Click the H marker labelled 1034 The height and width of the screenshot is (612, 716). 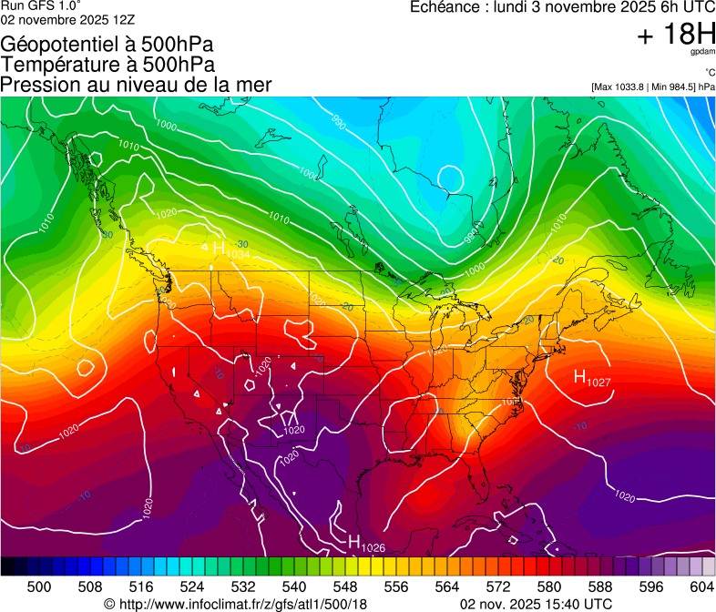(219, 248)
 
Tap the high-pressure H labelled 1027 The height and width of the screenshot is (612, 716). (579, 375)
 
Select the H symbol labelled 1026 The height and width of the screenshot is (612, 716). (354, 541)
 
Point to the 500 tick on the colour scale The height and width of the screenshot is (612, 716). (39, 586)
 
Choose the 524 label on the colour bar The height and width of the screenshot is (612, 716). (192, 586)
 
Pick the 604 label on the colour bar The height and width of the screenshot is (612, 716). (702, 586)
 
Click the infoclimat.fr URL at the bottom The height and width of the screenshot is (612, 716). (243, 604)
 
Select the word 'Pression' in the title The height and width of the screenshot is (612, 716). (38, 85)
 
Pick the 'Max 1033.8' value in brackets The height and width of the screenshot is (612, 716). (622, 87)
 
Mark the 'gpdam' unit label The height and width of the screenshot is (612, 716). (703, 53)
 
